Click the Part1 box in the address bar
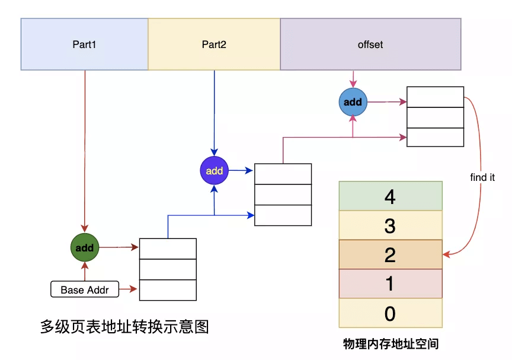(84, 44)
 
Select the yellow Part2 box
(214, 44)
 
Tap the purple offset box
(370, 44)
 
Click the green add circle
(85, 247)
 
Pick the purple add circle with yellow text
(214, 170)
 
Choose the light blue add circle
(353, 102)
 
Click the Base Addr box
(85, 289)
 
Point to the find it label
(482, 177)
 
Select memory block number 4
(391, 196)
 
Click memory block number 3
(391, 225)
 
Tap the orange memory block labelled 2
(391, 254)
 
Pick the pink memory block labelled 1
(391, 283)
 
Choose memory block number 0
(391, 313)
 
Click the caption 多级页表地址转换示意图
(124, 326)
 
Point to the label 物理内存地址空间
(391, 344)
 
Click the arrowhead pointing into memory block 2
(446, 254)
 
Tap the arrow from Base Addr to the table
(128, 289)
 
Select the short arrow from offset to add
(353, 79)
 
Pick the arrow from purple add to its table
(241, 170)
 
